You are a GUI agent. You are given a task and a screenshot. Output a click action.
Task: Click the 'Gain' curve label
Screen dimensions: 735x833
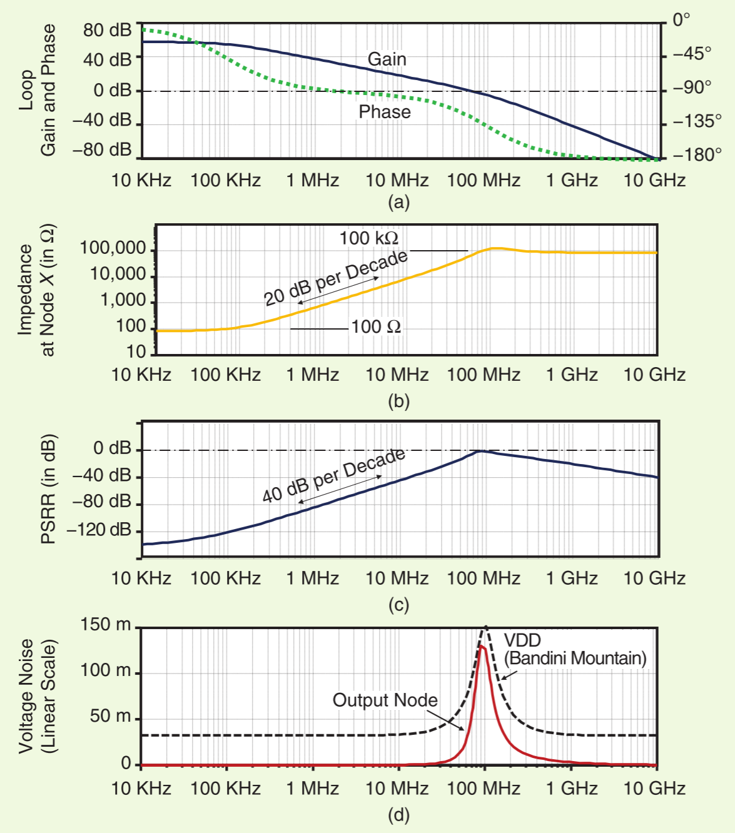pos(387,59)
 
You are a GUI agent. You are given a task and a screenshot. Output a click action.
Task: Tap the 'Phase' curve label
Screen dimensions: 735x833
pos(385,112)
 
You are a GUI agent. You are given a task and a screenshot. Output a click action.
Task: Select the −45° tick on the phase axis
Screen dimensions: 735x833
pos(692,53)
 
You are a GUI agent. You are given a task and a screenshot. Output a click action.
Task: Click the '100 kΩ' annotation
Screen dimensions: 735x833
pos(369,238)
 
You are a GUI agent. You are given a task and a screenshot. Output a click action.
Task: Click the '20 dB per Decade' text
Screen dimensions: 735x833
pos(336,278)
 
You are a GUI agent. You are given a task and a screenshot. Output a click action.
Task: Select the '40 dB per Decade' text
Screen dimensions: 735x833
pos(333,475)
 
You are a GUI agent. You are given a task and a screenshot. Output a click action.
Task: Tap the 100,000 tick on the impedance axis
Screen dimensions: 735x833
pos(113,248)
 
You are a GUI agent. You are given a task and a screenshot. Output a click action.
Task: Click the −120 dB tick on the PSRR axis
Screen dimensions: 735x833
pos(99,530)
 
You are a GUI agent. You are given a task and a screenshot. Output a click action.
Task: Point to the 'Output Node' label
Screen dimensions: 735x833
pos(385,700)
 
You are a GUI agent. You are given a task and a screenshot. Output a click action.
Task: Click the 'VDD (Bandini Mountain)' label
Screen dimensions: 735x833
pos(575,649)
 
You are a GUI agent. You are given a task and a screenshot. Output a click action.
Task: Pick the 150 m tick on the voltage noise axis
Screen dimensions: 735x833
pos(106,625)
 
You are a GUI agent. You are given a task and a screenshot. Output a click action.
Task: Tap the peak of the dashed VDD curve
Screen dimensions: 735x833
pos(486,627)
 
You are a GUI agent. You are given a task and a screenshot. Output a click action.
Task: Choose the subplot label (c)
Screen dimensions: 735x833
pos(398,605)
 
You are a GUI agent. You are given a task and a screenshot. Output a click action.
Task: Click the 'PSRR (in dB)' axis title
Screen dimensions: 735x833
pos(48,489)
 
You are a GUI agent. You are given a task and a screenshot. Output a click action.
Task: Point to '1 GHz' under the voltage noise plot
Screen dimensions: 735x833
pos(572,789)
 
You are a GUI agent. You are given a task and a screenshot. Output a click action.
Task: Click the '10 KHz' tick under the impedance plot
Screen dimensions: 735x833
pos(141,375)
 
